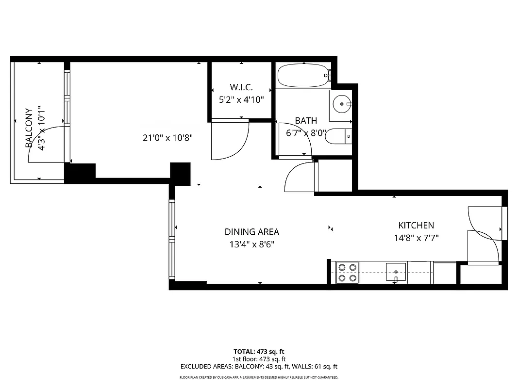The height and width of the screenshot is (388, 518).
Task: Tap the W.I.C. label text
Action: point(240,87)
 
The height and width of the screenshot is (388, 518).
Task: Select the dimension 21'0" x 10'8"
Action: point(168,138)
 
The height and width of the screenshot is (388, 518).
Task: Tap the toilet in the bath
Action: point(337,137)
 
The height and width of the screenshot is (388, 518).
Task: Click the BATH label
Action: point(306,121)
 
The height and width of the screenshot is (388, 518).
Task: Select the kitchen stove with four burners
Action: point(347,272)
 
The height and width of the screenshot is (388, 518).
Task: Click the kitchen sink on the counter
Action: point(396,272)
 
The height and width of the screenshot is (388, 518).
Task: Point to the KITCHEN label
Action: point(416,226)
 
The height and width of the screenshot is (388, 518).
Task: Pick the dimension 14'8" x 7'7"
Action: point(416,238)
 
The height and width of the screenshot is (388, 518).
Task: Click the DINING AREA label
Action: point(251,232)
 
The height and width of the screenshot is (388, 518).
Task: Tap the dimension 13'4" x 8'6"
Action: point(251,244)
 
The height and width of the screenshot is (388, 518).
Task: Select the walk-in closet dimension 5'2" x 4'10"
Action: point(240,100)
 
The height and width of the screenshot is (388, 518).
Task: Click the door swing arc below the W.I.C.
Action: point(233,143)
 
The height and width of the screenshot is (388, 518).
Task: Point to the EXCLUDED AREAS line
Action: point(259,367)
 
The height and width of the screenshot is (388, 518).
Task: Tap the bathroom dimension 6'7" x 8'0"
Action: point(305,133)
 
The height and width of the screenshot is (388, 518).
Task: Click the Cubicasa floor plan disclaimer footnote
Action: point(259,377)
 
